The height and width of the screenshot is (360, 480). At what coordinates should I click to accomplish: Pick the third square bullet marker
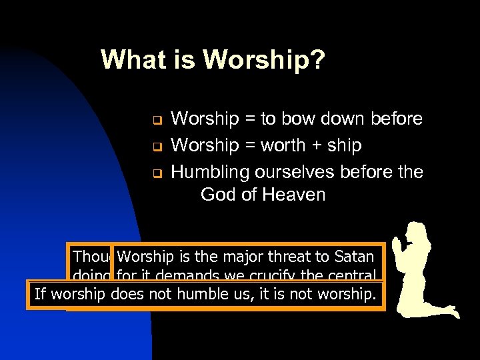152,173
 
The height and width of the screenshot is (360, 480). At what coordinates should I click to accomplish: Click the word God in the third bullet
217,195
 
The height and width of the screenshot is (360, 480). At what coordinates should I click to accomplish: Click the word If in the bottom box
40,294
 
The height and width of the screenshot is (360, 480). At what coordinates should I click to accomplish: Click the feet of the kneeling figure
449,312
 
